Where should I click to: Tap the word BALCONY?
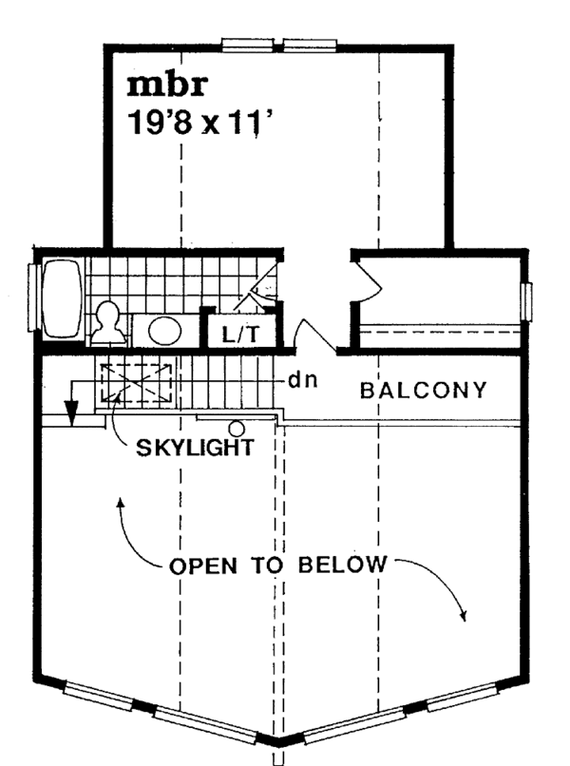point(424,390)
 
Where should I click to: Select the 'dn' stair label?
point(302,380)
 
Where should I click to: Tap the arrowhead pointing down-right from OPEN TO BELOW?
point(464,615)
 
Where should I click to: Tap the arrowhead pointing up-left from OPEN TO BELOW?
point(120,502)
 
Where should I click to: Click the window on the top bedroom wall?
point(279,43)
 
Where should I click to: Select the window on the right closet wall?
point(527,302)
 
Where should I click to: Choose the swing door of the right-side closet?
point(367,282)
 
